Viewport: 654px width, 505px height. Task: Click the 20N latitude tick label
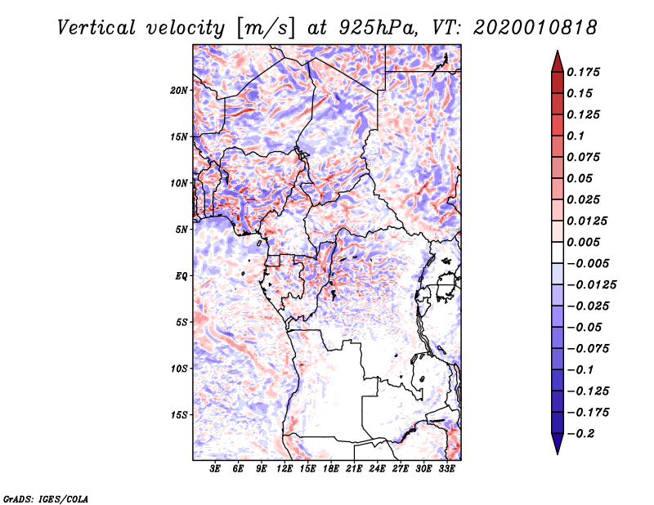point(179,90)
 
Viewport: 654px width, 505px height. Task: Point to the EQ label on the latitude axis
point(181,276)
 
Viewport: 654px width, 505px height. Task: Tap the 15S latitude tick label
point(179,415)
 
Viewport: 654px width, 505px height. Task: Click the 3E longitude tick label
point(216,469)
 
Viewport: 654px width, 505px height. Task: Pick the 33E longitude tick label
point(446,469)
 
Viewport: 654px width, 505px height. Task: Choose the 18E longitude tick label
point(331,469)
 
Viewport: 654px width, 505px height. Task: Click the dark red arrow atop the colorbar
point(556,60)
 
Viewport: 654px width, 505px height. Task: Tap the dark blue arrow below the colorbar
point(556,444)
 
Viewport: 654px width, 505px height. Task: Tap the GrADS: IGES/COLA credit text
point(45,498)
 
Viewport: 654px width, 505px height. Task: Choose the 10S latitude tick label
point(179,369)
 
